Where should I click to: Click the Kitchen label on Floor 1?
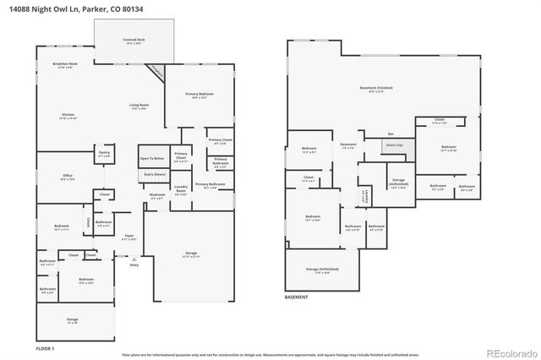pyautogui.click(x=68, y=117)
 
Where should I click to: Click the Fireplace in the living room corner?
pyautogui.click(x=156, y=73)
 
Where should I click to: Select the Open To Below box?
pyautogui.click(x=152, y=158)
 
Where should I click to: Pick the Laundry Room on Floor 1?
pyautogui.click(x=180, y=189)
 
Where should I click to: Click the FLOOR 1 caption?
pyautogui.click(x=44, y=348)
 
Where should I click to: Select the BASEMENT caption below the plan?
pyautogui.click(x=296, y=297)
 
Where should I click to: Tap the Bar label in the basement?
pyautogui.click(x=391, y=134)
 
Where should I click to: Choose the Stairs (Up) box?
pyautogui.click(x=395, y=145)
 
